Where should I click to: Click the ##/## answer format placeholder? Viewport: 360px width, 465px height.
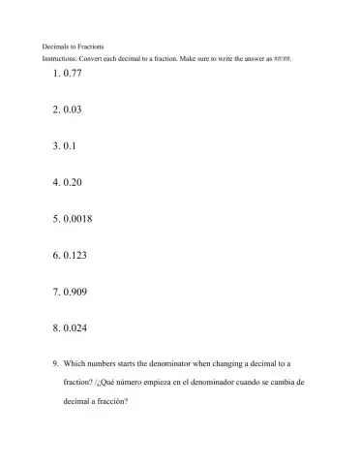coord(283,59)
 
